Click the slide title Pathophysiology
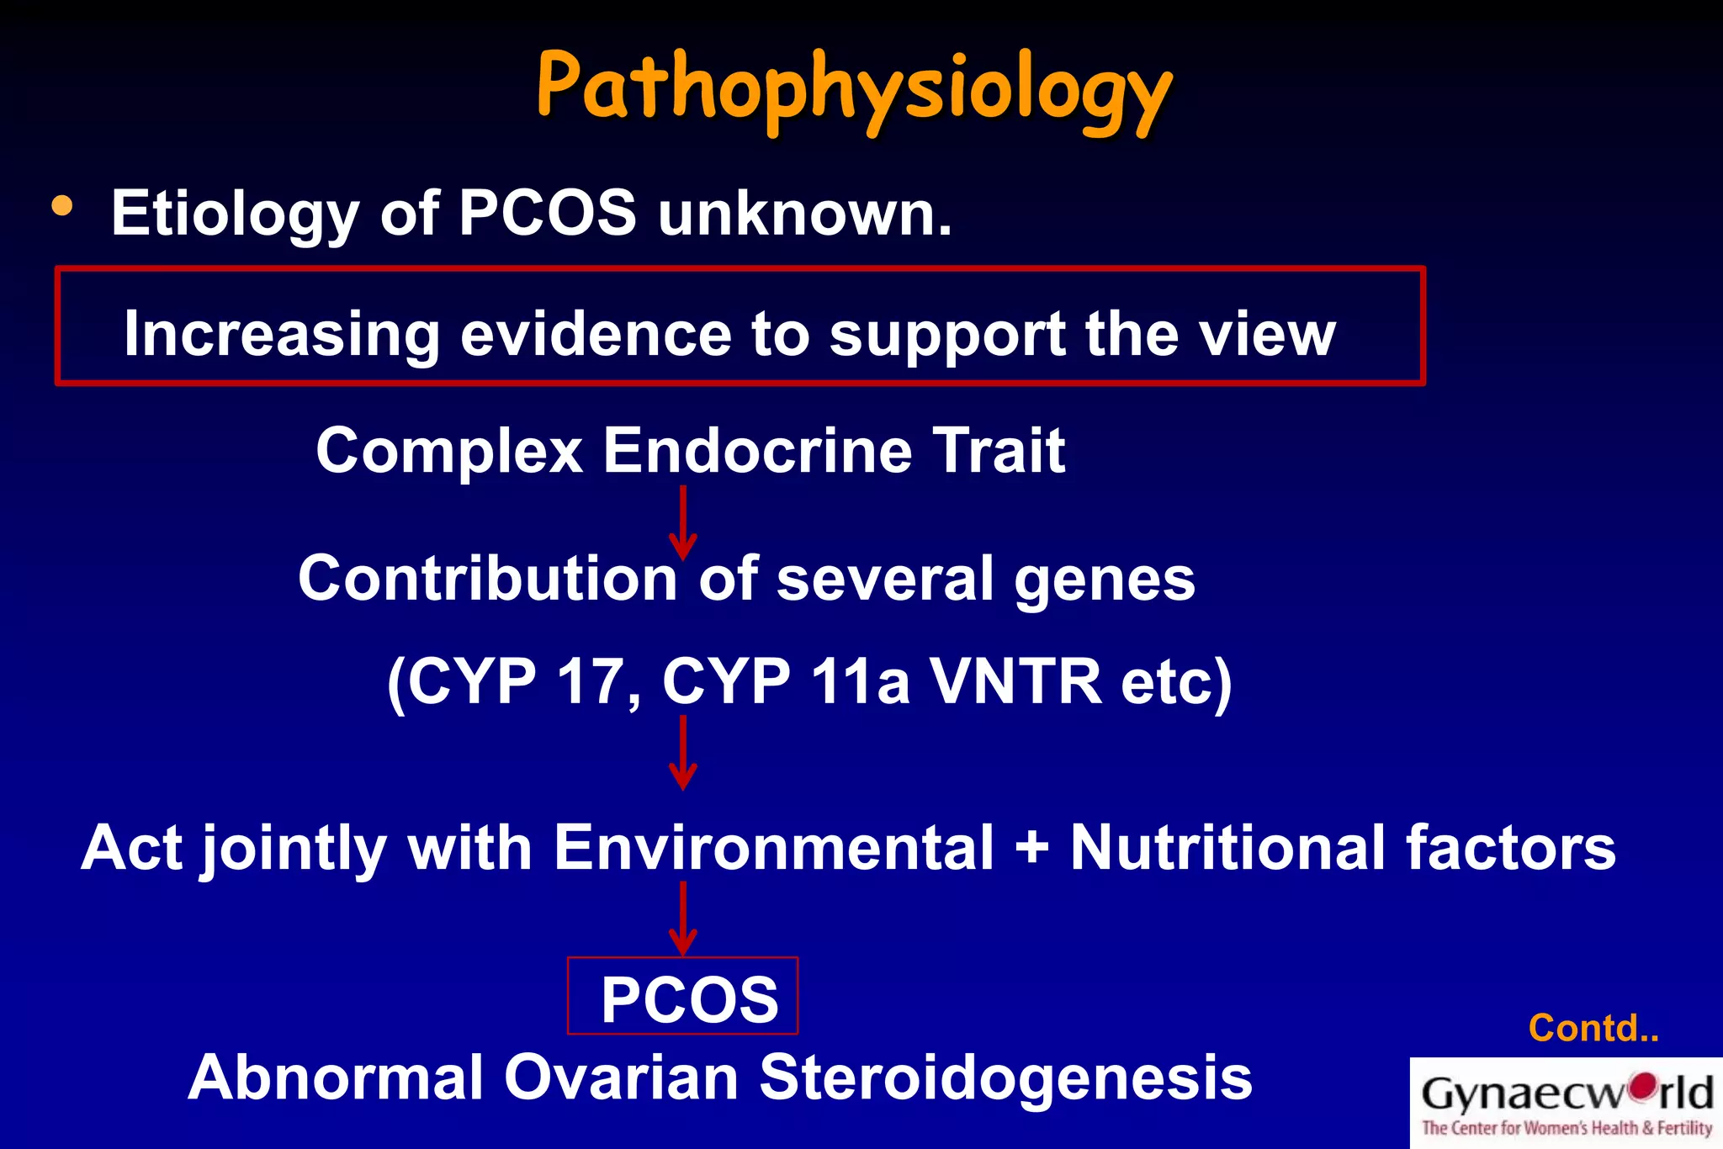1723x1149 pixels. [x=853, y=88]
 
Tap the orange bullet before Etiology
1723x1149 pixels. [x=62, y=206]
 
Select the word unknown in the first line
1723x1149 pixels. [x=805, y=214]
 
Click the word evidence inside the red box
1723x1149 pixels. [x=596, y=334]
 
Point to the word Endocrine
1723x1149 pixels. [x=757, y=451]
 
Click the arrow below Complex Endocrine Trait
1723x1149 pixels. [x=682, y=522]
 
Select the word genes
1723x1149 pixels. [x=1104, y=580]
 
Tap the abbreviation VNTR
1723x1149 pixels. [x=1015, y=680]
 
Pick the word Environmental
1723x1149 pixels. [x=773, y=848]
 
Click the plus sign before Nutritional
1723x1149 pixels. [x=1031, y=848]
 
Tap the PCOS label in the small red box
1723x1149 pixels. [x=689, y=999]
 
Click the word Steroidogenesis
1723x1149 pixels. [x=1005, y=1078]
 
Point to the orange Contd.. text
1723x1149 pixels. [x=1593, y=1028]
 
